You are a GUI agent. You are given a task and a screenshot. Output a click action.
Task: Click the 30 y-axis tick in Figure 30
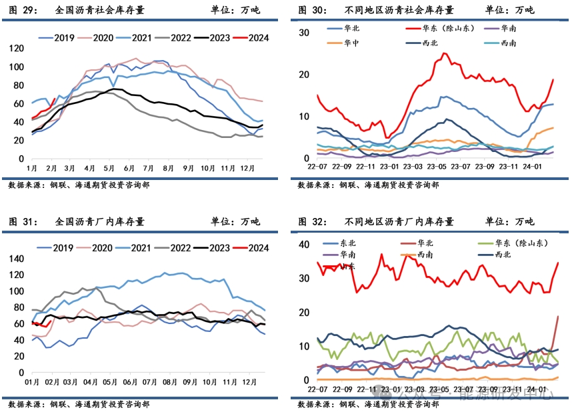click(304, 33)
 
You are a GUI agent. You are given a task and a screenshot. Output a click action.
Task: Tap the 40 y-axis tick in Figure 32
click(304, 245)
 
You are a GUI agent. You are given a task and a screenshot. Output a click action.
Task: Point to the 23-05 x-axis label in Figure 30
click(436, 169)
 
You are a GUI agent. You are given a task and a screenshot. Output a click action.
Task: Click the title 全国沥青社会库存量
click(100, 11)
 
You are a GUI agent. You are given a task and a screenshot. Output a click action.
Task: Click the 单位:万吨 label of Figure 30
click(509, 11)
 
